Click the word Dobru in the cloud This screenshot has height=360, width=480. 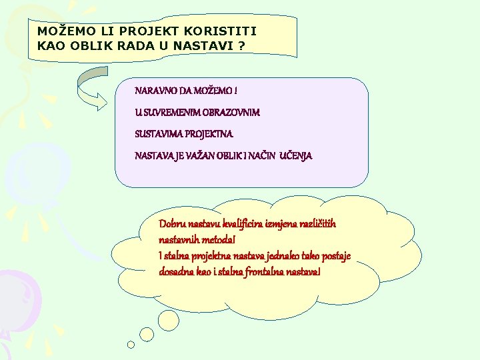tap(173, 224)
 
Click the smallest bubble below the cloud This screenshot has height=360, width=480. tap(131, 345)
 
